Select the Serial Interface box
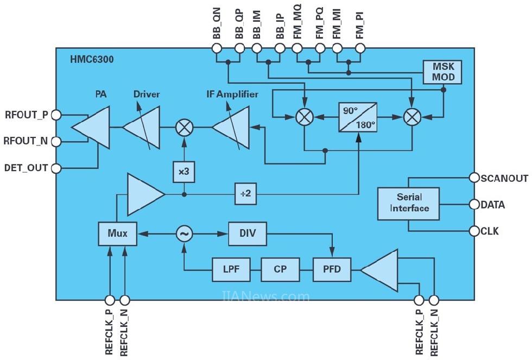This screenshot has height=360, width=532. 409,204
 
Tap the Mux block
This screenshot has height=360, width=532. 117,233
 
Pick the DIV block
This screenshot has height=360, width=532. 248,233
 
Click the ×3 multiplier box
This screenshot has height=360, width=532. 183,172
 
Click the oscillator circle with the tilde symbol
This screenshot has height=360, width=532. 184,233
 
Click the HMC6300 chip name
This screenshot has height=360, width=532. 88,58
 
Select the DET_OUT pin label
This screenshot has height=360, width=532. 26,168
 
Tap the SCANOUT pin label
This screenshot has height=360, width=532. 504,178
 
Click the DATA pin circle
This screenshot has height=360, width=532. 474,205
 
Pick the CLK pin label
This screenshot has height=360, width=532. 490,231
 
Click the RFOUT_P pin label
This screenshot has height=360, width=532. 26,115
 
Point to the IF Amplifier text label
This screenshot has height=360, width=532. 232,94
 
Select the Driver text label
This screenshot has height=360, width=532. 147,94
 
